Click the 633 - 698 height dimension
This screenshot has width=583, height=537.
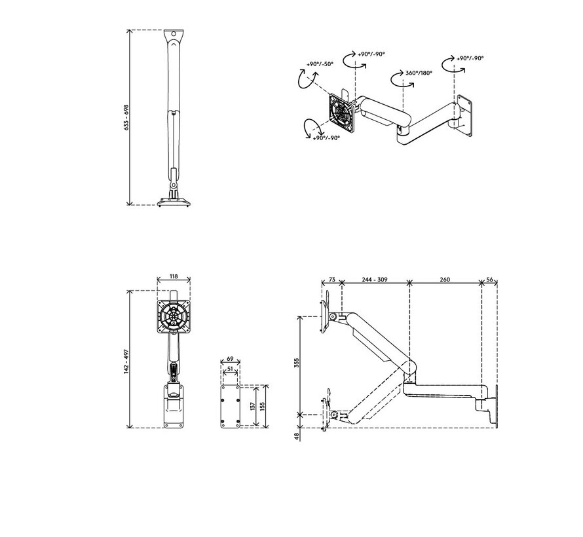(x=126, y=118)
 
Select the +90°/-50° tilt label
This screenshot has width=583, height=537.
(x=320, y=64)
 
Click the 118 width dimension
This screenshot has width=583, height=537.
(x=174, y=277)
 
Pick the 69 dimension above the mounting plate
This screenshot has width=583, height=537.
(x=230, y=360)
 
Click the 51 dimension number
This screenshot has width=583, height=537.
(x=230, y=369)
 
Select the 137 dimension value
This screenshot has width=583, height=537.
(x=252, y=406)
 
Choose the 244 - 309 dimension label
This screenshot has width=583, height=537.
(x=375, y=280)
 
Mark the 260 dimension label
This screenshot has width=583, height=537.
(x=445, y=280)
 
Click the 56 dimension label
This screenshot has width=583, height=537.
(x=490, y=280)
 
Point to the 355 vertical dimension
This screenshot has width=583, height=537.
(x=296, y=364)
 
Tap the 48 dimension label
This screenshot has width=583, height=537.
(x=297, y=435)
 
